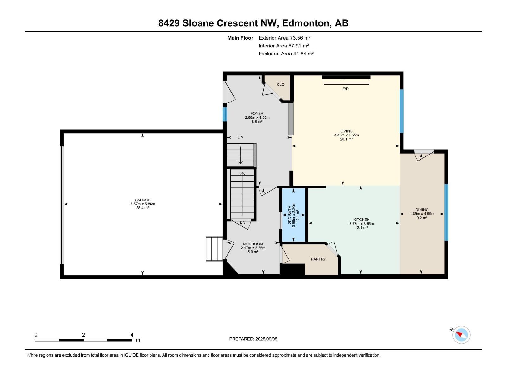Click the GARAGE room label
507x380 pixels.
click(x=142, y=200)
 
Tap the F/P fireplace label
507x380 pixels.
click(x=345, y=89)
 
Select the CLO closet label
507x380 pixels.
click(x=280, y=85)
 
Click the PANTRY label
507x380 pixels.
click(x=318, y=259)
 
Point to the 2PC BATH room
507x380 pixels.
click(x=294, y=215)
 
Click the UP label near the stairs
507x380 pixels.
click(x=240, y=138)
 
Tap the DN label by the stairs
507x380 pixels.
click(x=242, y=222)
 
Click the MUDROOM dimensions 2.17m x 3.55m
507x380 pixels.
click(x=253, y=248)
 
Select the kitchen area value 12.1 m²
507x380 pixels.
click(x=361, y=228)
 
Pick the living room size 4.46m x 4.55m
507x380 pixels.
click(x=346, y=135)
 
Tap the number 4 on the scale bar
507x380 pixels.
click(x=132, y=335)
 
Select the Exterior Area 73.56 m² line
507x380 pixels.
click(x=284, y=38)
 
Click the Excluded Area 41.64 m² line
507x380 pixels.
click(x=286, y=54)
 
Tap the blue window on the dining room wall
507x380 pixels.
click(x=446, y=212)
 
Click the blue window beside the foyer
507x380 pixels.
click(x=225, y=114)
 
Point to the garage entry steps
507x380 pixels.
click(x=215, y=249)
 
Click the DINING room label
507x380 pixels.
click(x=422, y=210)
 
